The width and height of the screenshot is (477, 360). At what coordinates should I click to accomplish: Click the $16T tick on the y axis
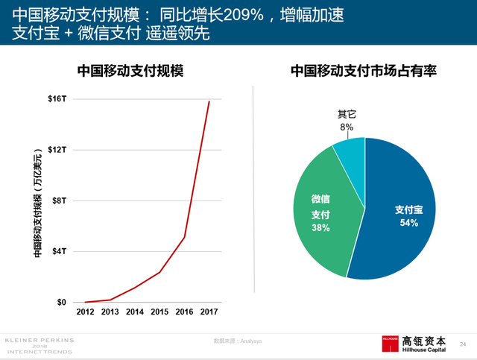pos(57,98)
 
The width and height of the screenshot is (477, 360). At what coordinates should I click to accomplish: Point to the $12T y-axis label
pos(57,149)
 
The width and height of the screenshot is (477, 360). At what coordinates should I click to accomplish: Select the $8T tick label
pos(60,200)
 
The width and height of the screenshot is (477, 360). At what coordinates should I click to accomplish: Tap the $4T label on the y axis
pos(60,251)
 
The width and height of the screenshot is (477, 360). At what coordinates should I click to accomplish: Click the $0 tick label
pos(62,302)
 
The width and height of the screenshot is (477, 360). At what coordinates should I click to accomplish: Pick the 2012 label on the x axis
pos(86,312)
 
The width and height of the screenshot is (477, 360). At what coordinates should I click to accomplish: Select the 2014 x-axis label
pos(135,312)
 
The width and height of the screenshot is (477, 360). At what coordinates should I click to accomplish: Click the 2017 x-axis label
pos(209,312)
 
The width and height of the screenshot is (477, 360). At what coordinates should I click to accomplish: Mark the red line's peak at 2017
pos(209,101)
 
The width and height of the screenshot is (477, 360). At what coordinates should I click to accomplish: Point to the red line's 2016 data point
pos(184,237)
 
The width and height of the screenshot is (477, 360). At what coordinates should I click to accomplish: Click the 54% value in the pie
pos(409,223)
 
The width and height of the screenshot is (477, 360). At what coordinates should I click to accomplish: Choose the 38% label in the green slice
pos(320,228)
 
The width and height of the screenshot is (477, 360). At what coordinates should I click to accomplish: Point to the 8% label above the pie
pos(347,127)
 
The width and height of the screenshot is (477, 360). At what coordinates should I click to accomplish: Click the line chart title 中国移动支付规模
pos(130,72)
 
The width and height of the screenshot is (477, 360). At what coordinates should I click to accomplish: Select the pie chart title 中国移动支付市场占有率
pos(363,72)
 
